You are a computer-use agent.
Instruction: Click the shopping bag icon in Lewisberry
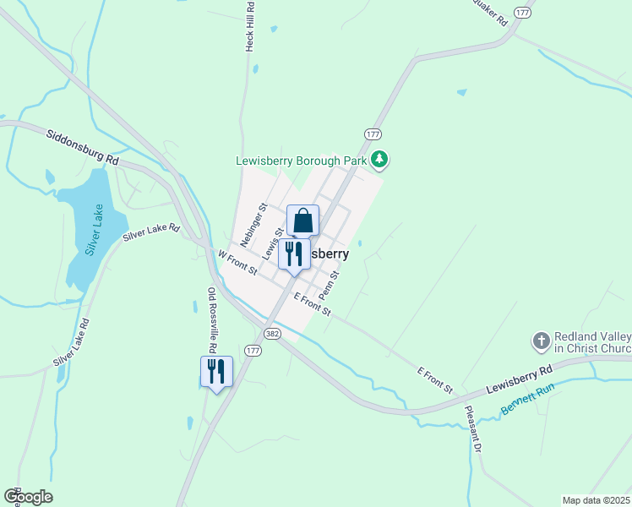(302, 221)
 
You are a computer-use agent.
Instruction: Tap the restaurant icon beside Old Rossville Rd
(216, 371)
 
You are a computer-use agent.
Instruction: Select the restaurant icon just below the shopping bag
(294, 253)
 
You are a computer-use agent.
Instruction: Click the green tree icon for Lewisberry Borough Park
(380, 159)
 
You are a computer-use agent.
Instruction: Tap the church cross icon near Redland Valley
(541, 341)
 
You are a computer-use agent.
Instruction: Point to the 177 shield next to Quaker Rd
(523, 13)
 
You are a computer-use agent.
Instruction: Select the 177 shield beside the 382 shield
(253, 350)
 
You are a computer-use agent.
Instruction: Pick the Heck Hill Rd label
(250, 26)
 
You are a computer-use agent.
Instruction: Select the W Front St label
(237, 261)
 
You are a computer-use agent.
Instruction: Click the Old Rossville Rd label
(213, 321)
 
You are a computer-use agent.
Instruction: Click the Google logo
(28, 497)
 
